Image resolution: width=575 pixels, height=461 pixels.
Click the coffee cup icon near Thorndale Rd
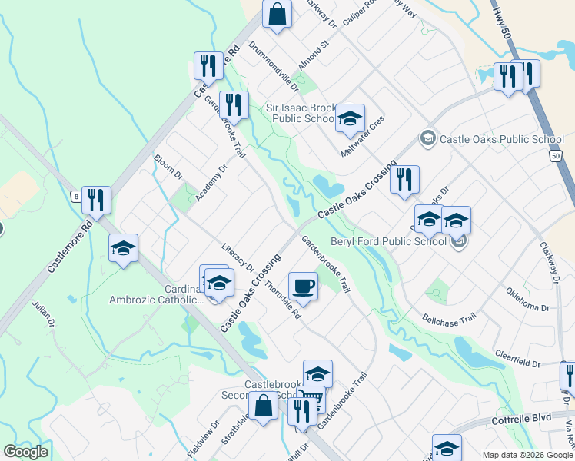303,287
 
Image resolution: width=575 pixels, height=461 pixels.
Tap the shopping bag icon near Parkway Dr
277,13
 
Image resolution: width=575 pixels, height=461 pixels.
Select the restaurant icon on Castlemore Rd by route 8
96,200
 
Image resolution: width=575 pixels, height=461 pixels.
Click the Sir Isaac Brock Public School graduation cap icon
349,118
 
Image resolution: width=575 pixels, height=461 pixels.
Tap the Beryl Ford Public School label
388,241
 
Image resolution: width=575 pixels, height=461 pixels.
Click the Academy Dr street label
211,182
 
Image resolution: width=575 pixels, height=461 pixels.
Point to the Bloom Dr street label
168,167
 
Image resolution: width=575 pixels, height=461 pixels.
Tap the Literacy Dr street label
238,257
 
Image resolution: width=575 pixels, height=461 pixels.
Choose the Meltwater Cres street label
362,138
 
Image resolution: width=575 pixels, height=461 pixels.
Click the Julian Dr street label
44,317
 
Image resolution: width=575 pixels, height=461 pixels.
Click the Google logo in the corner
25,452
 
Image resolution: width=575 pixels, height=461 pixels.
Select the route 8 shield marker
76,196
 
